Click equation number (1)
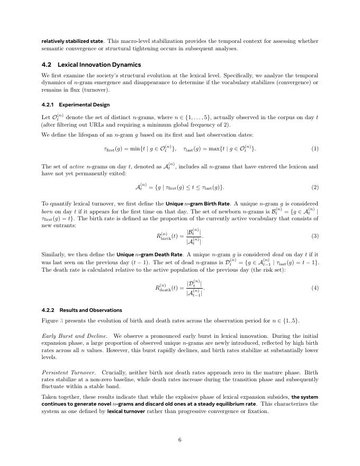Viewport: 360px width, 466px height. pos(315,149)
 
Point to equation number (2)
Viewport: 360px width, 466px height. pos(315,187)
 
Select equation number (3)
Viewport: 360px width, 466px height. pos(315,236)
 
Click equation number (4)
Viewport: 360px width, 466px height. pos(315,288)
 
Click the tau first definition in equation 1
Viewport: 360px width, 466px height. pos(140,149)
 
